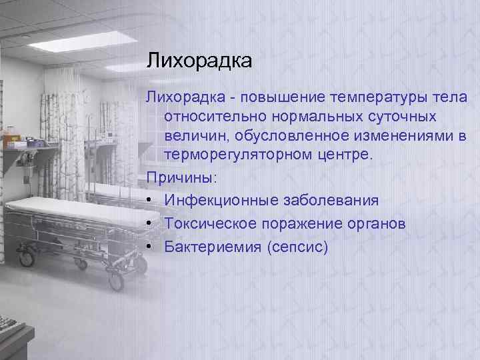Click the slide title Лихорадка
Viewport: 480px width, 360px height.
tap(199, 62)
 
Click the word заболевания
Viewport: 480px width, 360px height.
tap(327, 201)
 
